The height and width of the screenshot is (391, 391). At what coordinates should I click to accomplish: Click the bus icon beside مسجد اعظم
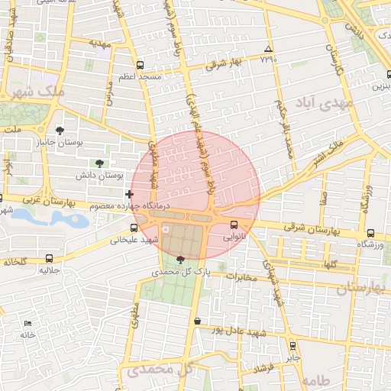(139, 66)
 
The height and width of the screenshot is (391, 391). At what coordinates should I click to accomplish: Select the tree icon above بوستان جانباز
(60, 131)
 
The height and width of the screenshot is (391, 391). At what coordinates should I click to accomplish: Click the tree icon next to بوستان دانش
(99, 163)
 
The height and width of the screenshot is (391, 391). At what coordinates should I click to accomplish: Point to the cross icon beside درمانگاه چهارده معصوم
(129, 195)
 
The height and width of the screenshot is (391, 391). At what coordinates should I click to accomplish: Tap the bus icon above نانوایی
(234, 225)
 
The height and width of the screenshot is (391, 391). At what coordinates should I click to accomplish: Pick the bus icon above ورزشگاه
(370, 233)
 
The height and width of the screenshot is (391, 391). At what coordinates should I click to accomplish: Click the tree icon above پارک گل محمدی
(180, 260)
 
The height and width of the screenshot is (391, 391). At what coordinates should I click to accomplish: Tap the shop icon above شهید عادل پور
(198, 322)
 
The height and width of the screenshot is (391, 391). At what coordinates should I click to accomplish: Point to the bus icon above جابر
(292, 345)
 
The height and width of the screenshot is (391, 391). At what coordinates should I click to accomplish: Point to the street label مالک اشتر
(327, 151)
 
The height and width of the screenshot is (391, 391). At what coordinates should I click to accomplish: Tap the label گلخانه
(15, 261)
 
